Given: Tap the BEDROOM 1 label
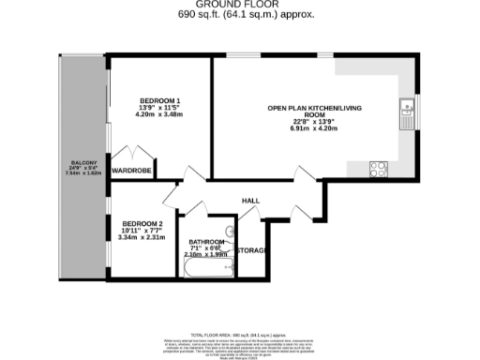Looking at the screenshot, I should [x=160, y=101].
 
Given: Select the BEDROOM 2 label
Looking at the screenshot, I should [x=142, y=223].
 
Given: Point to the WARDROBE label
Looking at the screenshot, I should [x=132, y=171].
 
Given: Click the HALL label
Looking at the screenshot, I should [x=251, y=201].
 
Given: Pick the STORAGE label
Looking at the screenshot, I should [x=251, y=251].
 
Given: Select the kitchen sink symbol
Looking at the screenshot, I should [x=406, y=113].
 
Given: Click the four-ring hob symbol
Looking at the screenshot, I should [x=380, y=170].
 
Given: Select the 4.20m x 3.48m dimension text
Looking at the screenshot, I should [x=160, y=114].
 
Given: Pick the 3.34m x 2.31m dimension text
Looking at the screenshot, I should [x=142, y=237].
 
